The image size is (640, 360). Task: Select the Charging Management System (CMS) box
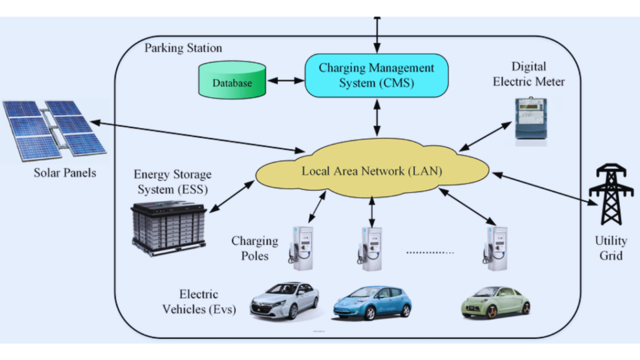click(376, 76)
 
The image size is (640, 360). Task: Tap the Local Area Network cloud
click(371, 170)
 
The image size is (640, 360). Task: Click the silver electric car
click(284, 300)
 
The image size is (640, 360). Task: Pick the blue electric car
click(372, 302)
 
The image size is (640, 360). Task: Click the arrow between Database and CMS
click(286, 80)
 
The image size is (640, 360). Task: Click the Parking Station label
click(183, 48)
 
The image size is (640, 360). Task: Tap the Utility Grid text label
click(610, 248)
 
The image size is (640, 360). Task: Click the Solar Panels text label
click(65, 172)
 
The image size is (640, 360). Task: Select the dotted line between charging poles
click(429, 253)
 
